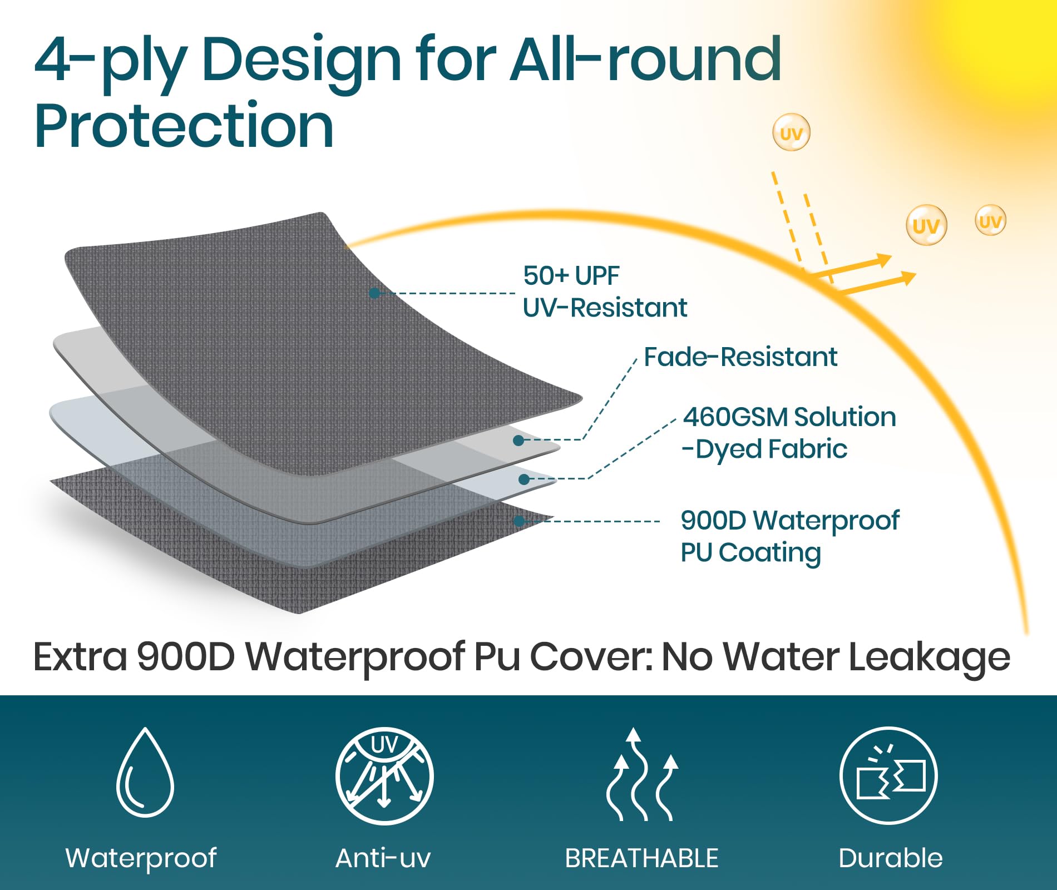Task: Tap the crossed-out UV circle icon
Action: [x=384, y=775]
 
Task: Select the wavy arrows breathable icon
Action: [x=642, y=774]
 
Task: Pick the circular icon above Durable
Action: [x=888, y=775]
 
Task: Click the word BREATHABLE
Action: [x=641, y=858]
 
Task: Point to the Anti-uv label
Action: [x=383, y=858]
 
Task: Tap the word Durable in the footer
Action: [x=891, y=858]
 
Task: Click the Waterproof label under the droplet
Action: [x=141, y=858]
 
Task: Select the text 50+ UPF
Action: [x=571, y=275]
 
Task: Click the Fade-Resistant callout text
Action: [x=740, y=357]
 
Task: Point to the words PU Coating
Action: [x=751, y=552]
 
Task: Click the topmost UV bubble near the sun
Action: [x=791, y=132]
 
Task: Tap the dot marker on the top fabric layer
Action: [x=374, y=293]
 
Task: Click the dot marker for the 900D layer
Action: [x=519, y=521]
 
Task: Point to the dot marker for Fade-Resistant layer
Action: [x=518, y=441]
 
